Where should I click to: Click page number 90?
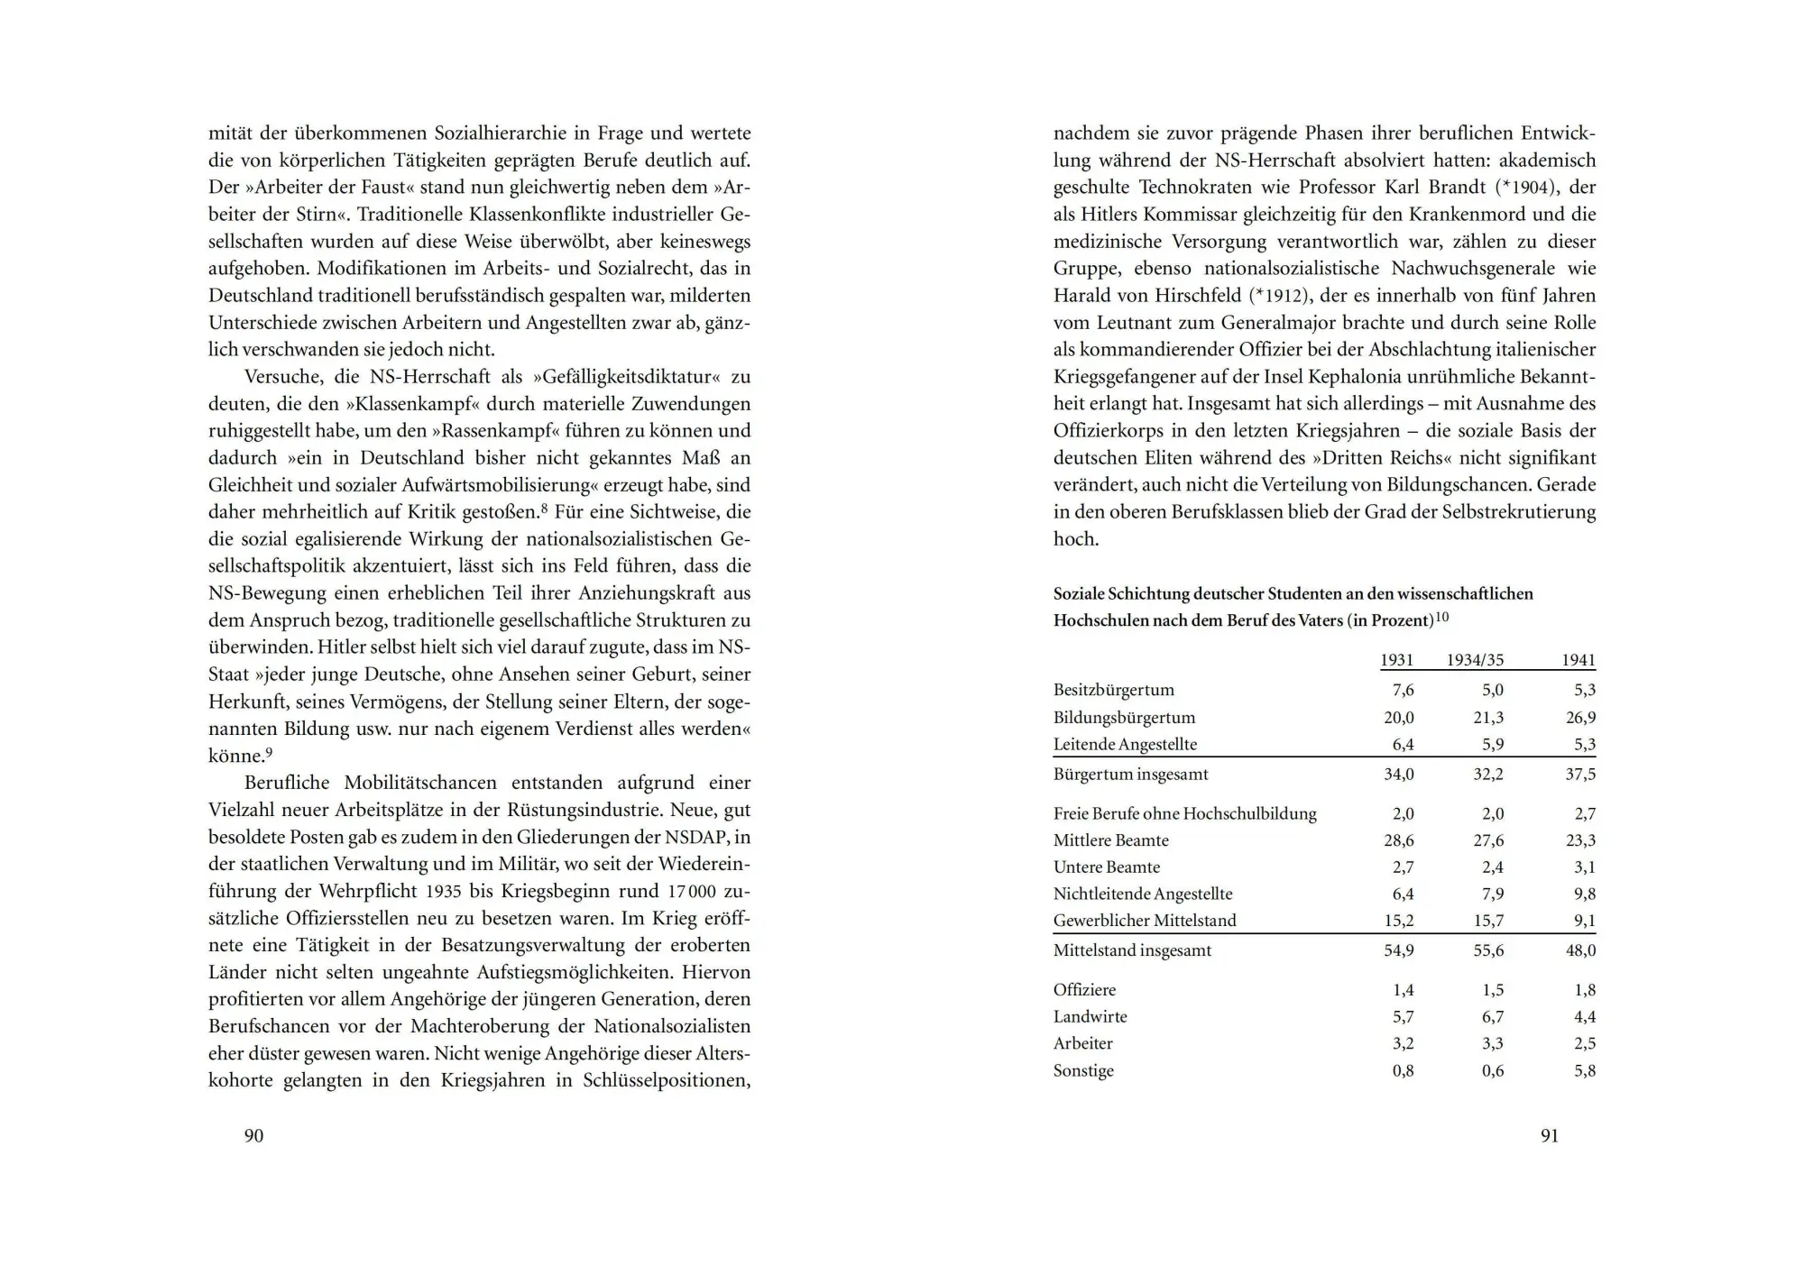click(253, 1136)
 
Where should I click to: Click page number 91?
click(1549, 1136)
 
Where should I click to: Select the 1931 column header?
click(1396, 660)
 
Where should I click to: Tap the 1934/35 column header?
click(1475, 660)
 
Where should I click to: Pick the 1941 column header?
click(1578, 660)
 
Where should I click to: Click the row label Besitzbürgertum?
click(1113, 690)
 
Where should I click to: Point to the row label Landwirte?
click(1090, 1016)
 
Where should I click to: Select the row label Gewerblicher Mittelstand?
click(1145, 921)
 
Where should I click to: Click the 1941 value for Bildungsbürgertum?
click(1580, 718)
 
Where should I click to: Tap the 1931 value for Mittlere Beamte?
click(1399, 840)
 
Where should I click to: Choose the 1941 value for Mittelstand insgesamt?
click(1580, 950)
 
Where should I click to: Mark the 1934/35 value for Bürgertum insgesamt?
click(1488, 775)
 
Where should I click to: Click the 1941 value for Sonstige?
click(1585, 1071)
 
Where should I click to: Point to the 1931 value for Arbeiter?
click(1403, 1043)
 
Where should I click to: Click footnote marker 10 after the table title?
click(1441, 618)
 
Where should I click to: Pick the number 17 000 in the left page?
click(692, 891)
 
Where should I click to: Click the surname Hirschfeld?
click(1193, 296)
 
